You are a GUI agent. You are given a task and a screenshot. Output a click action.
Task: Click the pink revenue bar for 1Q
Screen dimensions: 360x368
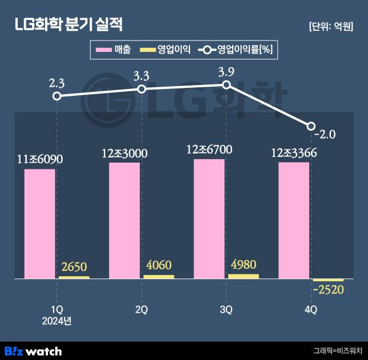point(40,224)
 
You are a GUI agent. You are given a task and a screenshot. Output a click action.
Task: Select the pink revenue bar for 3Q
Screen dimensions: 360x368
point(209,219)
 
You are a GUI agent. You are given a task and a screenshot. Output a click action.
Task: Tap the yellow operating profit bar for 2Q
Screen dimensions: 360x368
point(159,277)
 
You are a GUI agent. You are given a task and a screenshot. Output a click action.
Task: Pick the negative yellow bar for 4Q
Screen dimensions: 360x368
point(328,280)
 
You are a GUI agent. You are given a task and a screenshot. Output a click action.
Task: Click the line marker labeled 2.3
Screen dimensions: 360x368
point(56,96)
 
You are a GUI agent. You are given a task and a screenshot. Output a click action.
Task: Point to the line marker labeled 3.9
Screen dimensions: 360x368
point(226,84)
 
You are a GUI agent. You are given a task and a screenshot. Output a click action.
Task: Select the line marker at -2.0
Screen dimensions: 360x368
point(311,126)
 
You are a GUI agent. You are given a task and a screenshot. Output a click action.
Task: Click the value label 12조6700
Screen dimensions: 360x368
point(209,150)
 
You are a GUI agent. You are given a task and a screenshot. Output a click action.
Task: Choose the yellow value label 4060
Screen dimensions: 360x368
point(159,265)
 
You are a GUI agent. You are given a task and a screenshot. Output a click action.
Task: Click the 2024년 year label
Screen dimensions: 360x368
point(56,321)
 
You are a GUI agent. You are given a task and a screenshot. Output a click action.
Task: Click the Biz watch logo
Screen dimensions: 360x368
point(33,351)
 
